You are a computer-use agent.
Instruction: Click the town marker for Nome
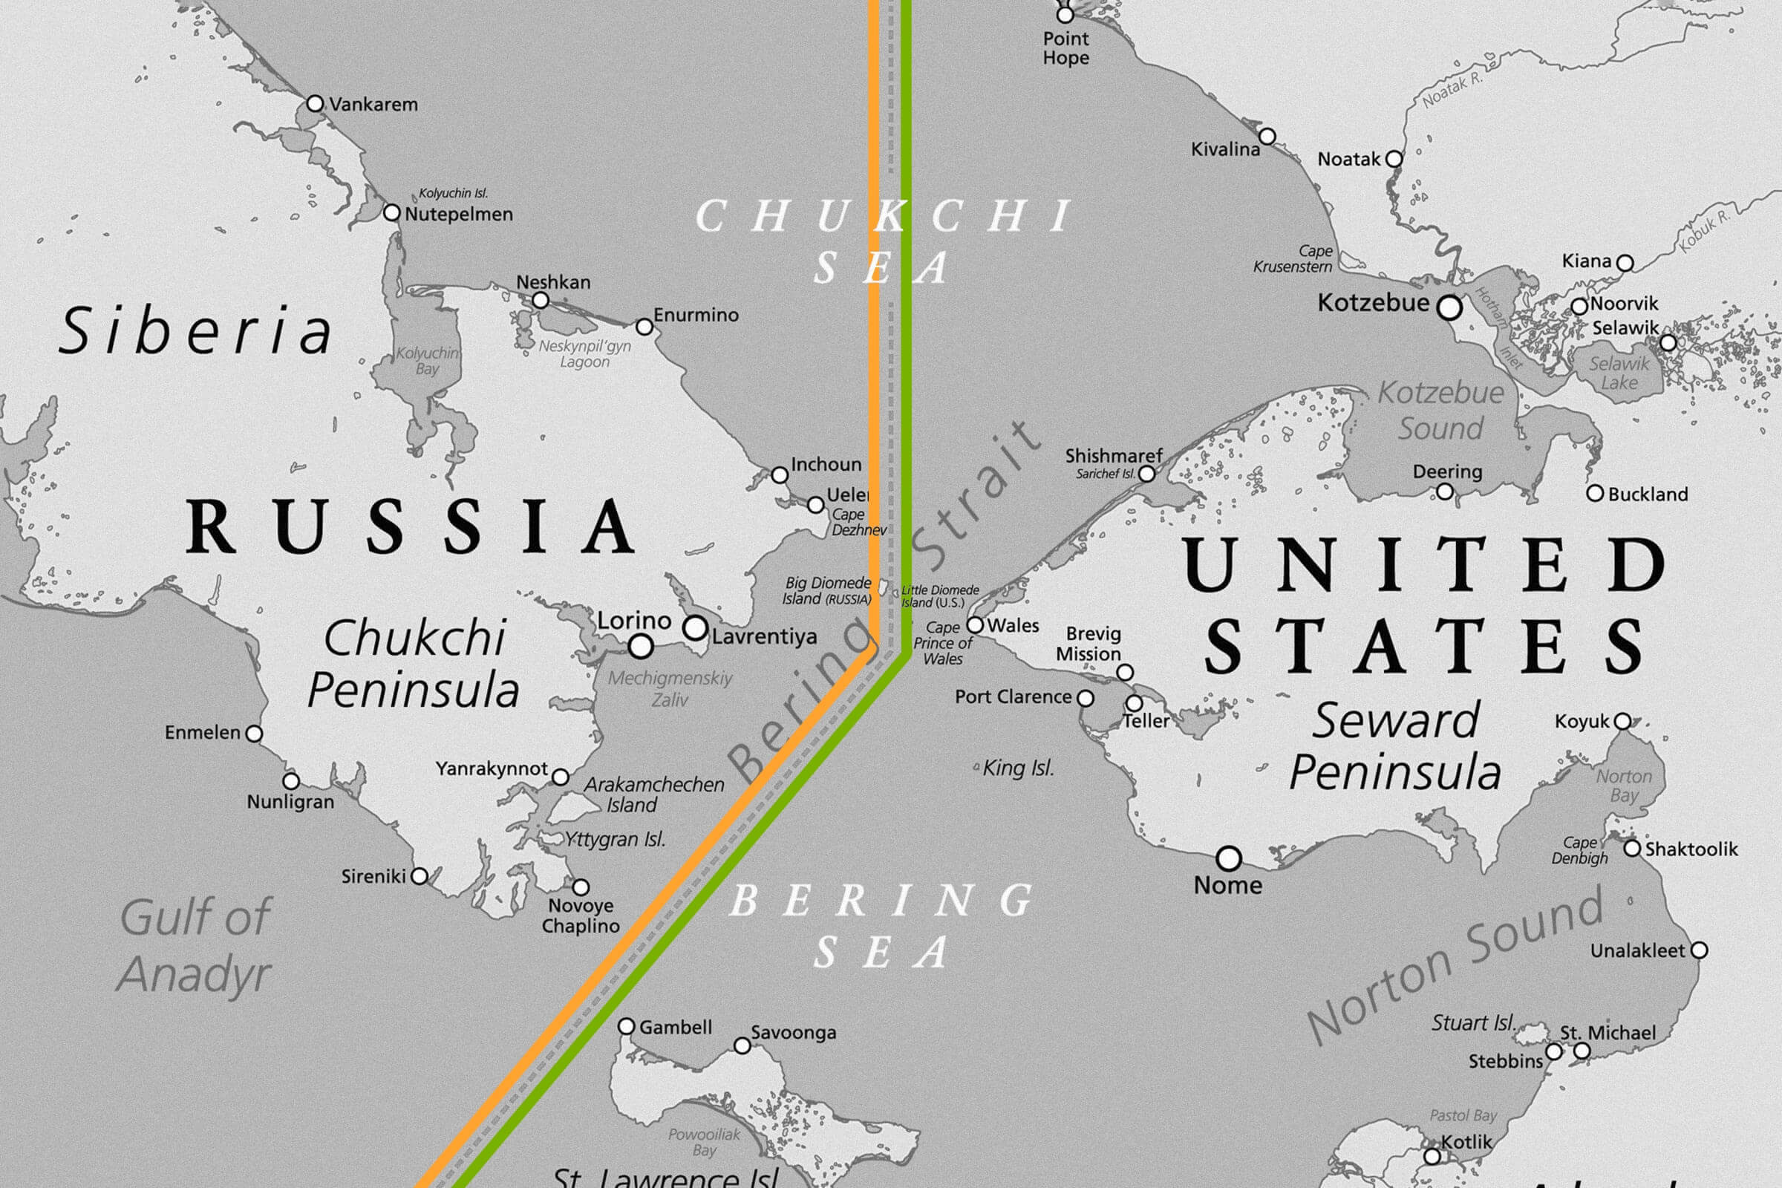pos(1228,858)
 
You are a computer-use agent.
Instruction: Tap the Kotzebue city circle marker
pos(1449,307)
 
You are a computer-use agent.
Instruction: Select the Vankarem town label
pos(373,105)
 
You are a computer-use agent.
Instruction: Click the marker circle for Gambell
pos(626,1026)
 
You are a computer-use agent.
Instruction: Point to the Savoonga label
pos(792,1033)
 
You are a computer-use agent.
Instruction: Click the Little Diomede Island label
pos(939,596)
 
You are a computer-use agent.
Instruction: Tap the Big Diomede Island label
pos(827,591)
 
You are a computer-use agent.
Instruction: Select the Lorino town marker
pos(640,646)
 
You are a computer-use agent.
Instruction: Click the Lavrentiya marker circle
pos(695,627)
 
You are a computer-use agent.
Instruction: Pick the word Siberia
pos(195,331)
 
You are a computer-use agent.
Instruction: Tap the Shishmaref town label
pos(1113,456)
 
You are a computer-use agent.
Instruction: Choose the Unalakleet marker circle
pos(1699,950)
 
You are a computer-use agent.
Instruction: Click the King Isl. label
pos(1017,768)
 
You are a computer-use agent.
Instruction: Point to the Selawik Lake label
pos(1619,373)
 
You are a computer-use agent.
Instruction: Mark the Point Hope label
pos(1065,48)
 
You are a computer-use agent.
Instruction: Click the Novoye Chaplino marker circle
pos(581,887)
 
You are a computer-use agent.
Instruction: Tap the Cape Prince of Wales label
pos(942,643)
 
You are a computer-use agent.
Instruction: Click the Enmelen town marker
pos(255,734)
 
